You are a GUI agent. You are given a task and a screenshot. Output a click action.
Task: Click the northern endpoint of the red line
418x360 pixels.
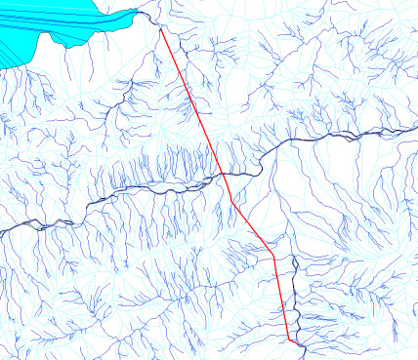pos(160,28)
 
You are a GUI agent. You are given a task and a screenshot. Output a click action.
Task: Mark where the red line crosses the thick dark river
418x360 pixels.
pos(223,174)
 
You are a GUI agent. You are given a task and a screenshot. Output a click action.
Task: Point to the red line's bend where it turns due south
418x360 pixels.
pos(272,254)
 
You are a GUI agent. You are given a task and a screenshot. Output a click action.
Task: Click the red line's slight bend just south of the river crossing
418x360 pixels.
pos(231,198)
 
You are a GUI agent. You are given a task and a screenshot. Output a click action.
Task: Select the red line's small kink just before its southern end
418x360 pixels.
pos(287,337)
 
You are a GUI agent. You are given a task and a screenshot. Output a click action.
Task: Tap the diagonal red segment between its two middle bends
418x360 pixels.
pos(252,226)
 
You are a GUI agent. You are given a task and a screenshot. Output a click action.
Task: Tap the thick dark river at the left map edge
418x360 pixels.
pos(4,230)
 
